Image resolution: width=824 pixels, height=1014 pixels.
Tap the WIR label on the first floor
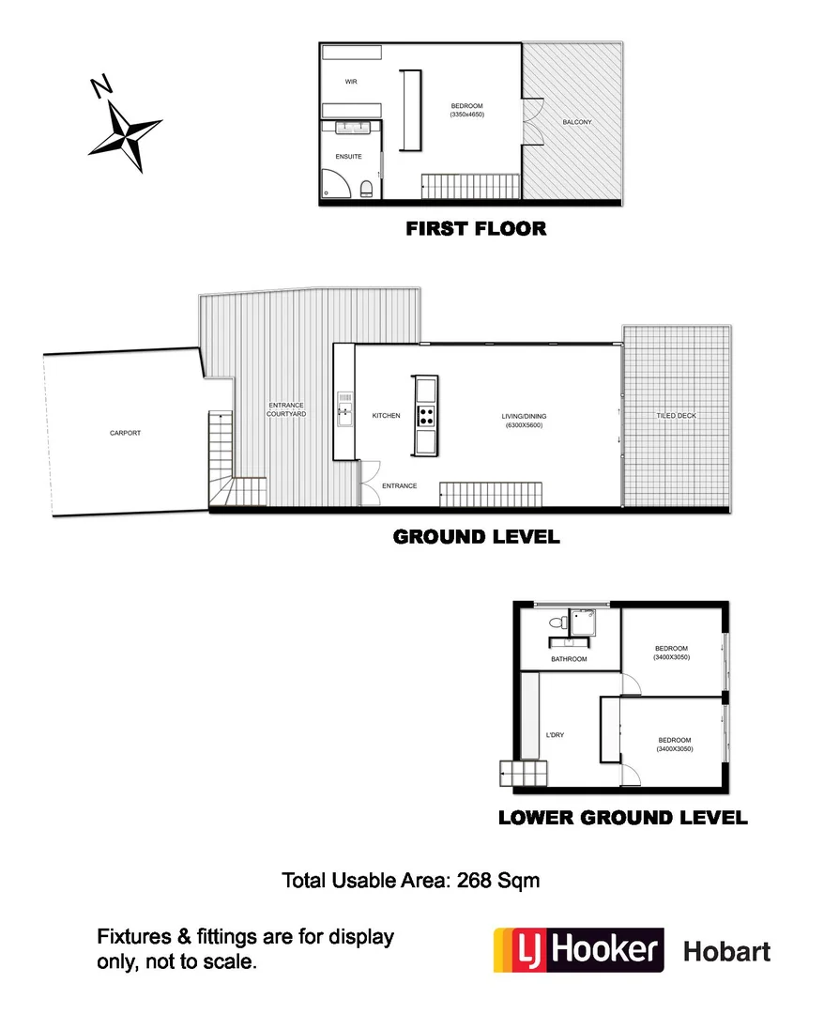(x=351, y=83)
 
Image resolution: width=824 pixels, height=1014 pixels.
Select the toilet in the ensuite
(x=366, y=191)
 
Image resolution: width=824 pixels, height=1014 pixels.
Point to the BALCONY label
(x=577, y=122)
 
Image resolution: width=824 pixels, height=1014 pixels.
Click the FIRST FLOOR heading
(x=475, y=228)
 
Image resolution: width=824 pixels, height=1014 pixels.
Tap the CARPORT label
(x=125, y=433)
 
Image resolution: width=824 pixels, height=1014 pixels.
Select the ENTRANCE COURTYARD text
(x=285, y=409)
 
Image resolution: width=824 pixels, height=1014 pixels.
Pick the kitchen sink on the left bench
(x=344, y=409)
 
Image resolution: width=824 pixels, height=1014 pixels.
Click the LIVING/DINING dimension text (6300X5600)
(x=523, y=425)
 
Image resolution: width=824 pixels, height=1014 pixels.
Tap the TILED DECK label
(x=676, y=415)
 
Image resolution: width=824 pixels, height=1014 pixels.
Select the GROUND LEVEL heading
(x=476, y=537)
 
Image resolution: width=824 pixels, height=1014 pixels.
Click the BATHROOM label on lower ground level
(x=569, y=659)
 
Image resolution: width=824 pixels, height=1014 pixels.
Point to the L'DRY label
(x=555, y=735)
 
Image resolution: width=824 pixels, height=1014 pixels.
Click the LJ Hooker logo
(x=578, y=949)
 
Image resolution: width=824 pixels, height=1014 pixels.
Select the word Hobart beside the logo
(x=726, y=951)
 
